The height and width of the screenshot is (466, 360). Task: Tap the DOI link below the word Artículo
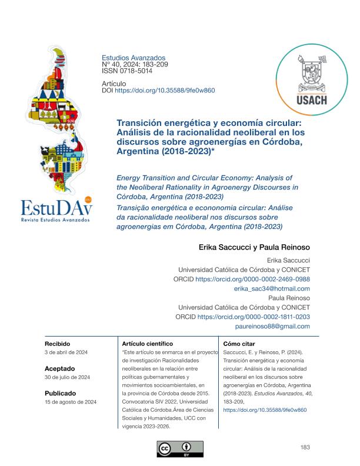pos(164,91)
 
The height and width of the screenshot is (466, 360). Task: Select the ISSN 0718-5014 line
pos(127,71)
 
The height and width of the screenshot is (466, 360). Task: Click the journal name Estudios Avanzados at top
pos(134,58)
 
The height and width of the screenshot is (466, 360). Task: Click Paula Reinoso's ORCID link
pos(254,317)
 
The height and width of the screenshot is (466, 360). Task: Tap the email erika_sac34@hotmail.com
pos(272,288)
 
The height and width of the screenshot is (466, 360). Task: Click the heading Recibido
pos(58,342)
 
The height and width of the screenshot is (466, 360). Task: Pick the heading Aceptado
pos(59,367)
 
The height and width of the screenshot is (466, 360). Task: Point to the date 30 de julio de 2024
pos(67,377)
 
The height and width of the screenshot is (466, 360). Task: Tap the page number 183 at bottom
pos(305,448)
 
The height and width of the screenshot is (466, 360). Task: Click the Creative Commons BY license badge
pos(180,449)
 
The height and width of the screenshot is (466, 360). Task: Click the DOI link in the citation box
pos(265,410)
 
